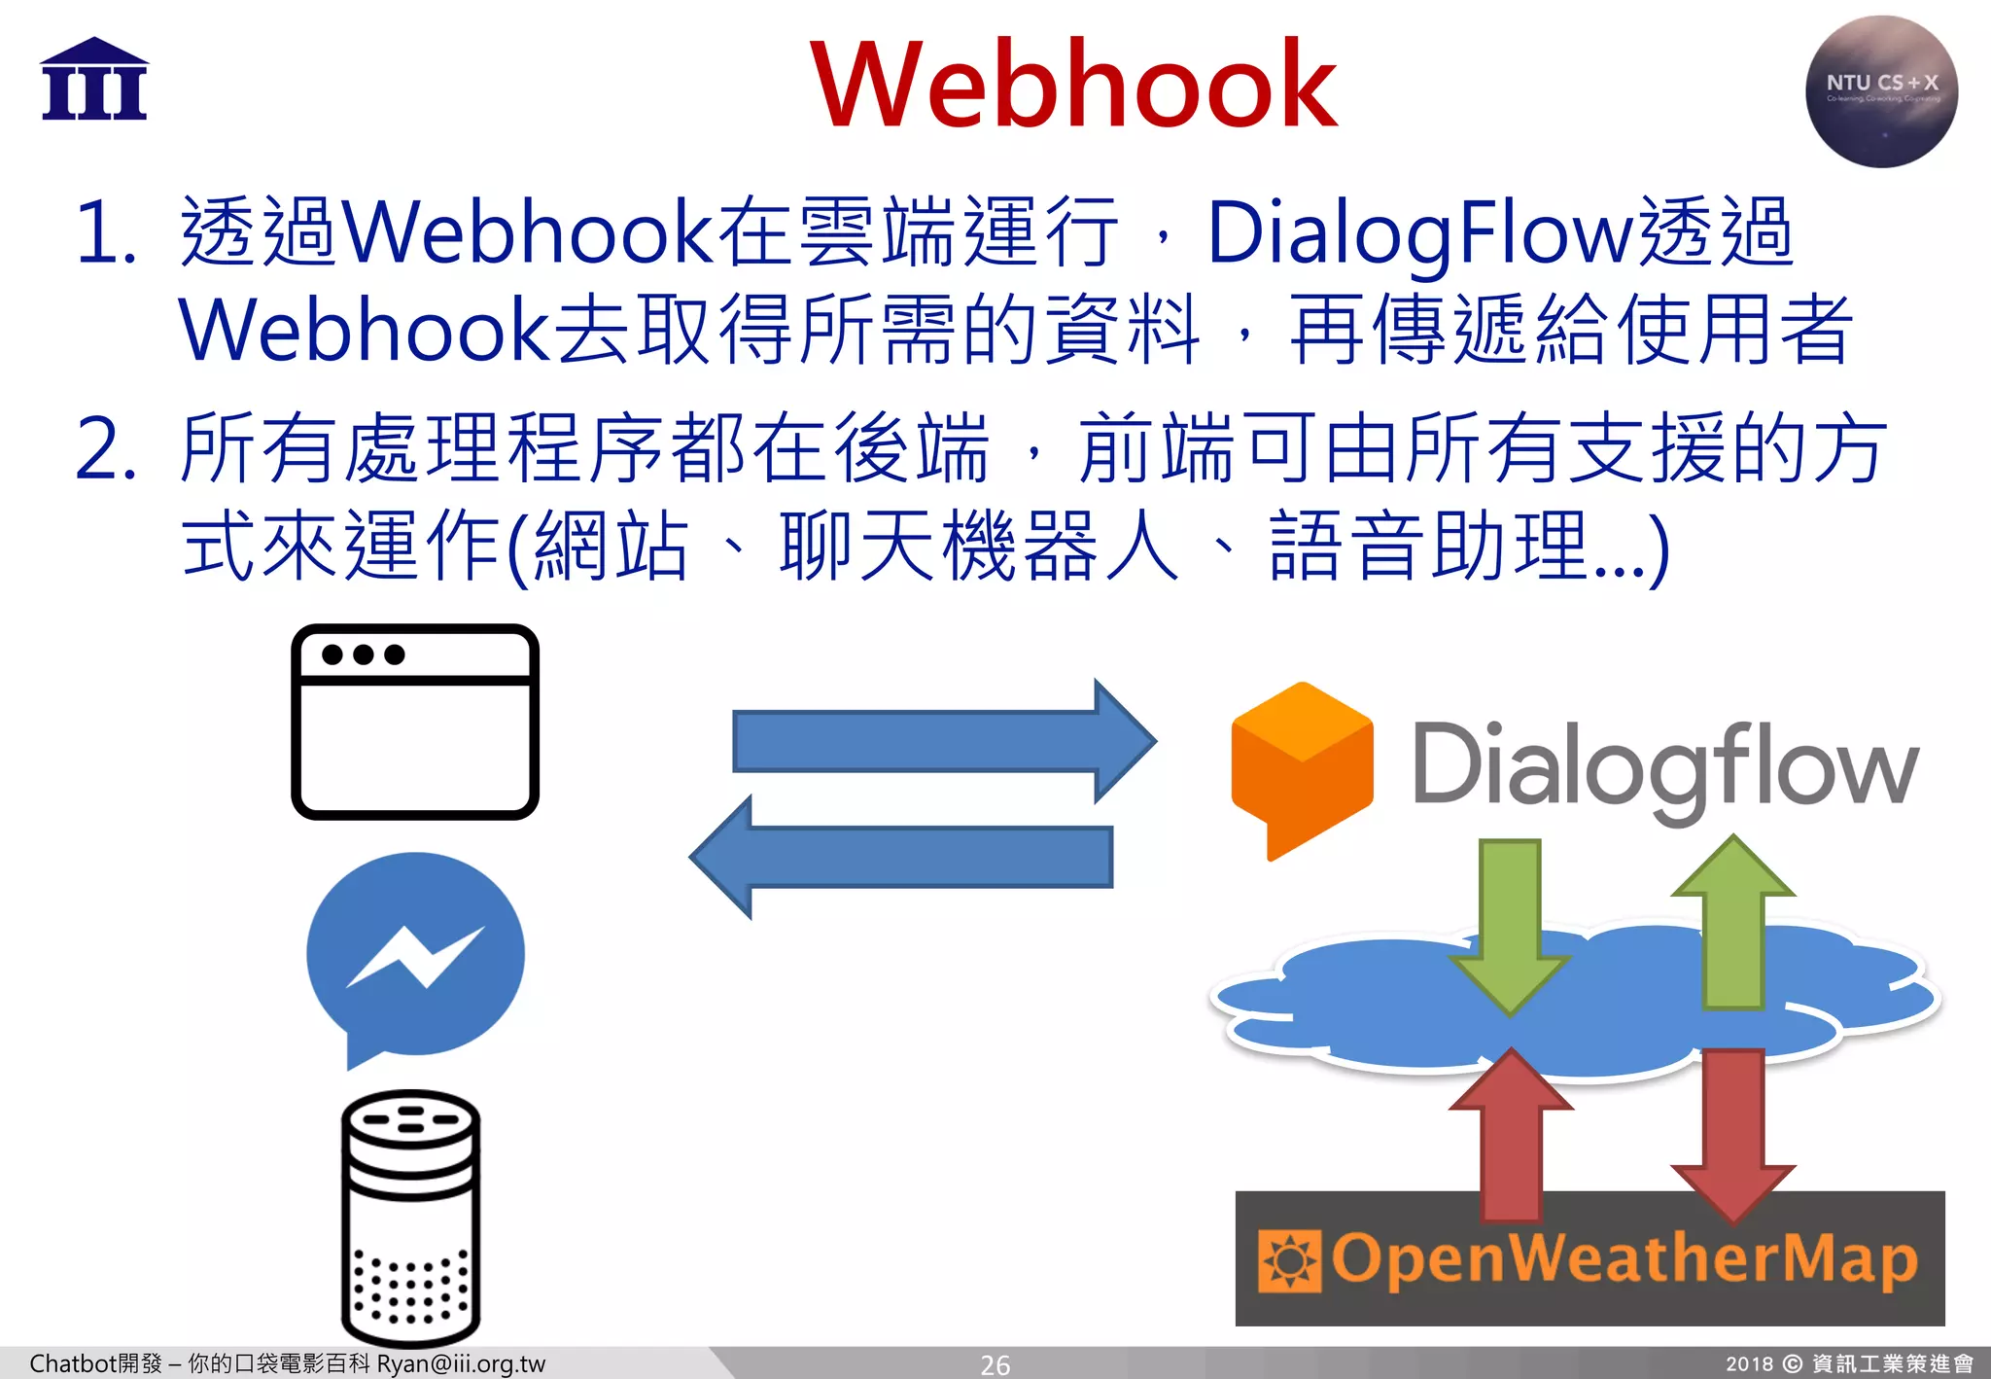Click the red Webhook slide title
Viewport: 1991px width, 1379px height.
(1074, 85)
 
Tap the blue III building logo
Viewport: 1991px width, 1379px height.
(94, 81)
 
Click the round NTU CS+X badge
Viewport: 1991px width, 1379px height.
(1881, 91)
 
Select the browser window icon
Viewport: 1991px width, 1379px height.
(415, 722)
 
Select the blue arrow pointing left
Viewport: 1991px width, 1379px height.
(902, 857)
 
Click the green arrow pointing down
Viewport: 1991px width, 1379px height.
(1510, 924)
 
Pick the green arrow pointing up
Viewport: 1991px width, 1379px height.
(1733, 924)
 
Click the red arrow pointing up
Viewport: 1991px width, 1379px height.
(1511, 1133)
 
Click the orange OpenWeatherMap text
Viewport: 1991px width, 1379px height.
(1624, 1259)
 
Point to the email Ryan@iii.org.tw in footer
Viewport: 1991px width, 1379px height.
(461, 1364)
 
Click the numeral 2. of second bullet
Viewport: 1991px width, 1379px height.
(105, 449)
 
